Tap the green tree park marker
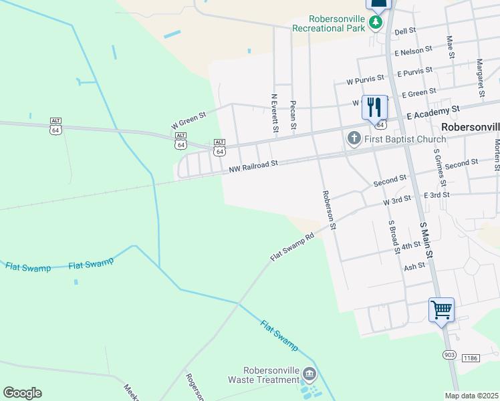click(376, 24)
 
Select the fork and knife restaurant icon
click(374, 108)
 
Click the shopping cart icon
click(441, 310)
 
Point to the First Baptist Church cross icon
click(354, 138)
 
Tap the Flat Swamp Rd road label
click(291, 247)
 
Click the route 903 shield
click(448, 354)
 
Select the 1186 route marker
click(471, 359)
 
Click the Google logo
click(22, 393)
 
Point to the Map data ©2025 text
click(471, 396)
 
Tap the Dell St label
click(405, 31)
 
